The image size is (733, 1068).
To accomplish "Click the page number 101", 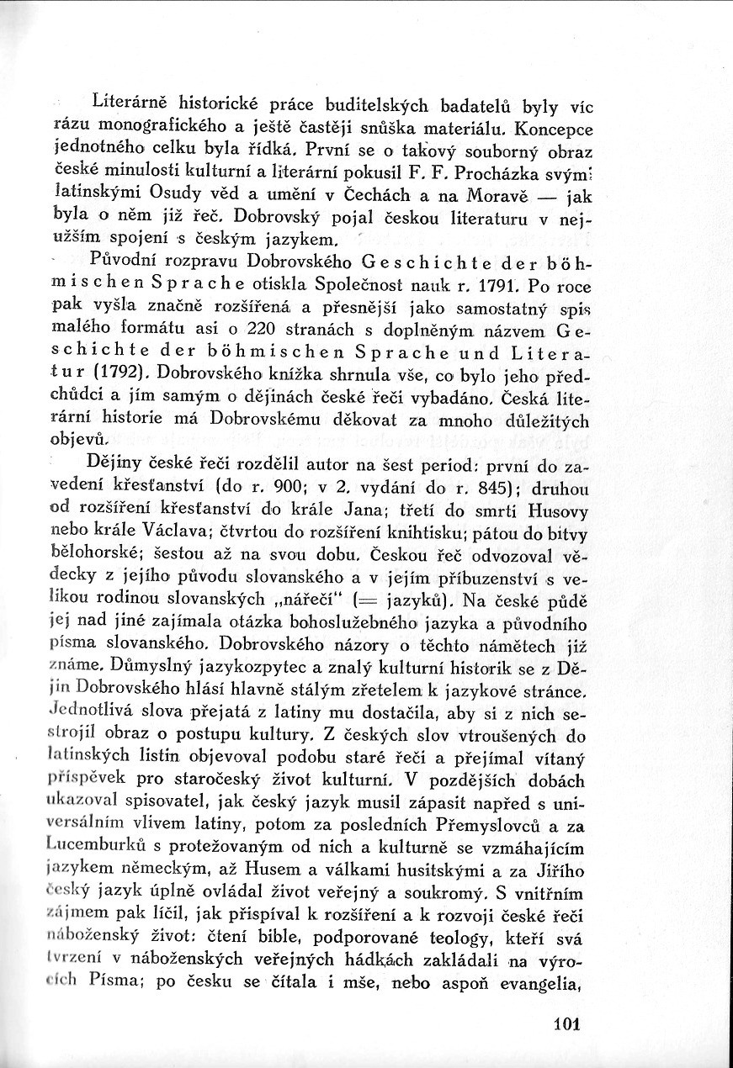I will pos(570,1024).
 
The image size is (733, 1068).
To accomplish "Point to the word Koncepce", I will pos(554,131).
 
